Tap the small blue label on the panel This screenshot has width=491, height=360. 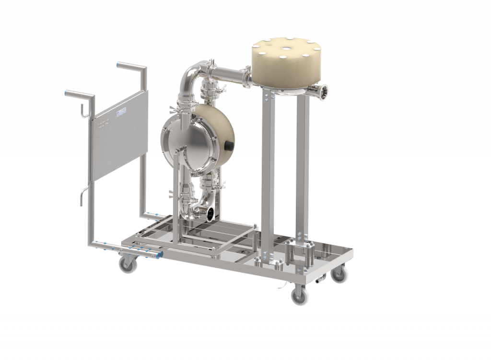120,112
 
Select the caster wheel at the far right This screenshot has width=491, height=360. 339,275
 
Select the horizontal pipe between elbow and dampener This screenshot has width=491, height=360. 229,74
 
